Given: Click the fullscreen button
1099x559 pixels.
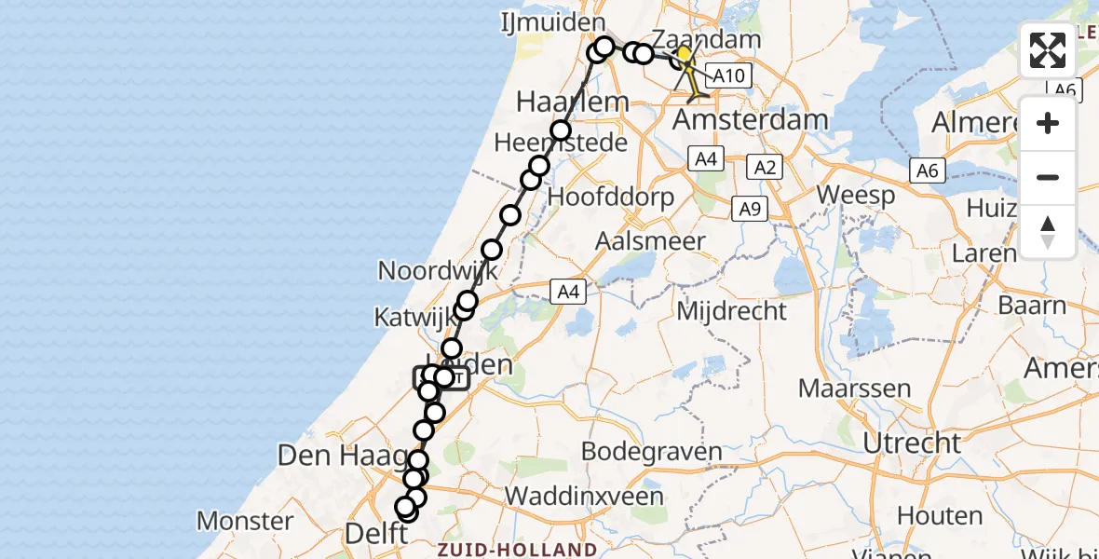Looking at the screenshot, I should (x=1048, y=50).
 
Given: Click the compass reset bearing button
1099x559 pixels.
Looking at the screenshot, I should (x=1048, y=232).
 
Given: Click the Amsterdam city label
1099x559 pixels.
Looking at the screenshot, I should (x=750, y=120).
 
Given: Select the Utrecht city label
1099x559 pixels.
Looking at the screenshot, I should (x=912, y=442).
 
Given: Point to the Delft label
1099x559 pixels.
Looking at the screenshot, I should (x=376, y=534).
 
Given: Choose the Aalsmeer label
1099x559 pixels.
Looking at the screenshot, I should (x=652, y=240).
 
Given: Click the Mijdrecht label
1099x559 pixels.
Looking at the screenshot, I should (x=732, y=310).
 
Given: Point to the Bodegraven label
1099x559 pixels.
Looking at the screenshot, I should (x=651, y=453).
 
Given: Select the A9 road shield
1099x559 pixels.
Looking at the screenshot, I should (x=750, y=209).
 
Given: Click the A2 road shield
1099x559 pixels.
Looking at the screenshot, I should (x=765, y=168).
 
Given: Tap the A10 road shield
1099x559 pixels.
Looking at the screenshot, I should (x=729, y=75).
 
